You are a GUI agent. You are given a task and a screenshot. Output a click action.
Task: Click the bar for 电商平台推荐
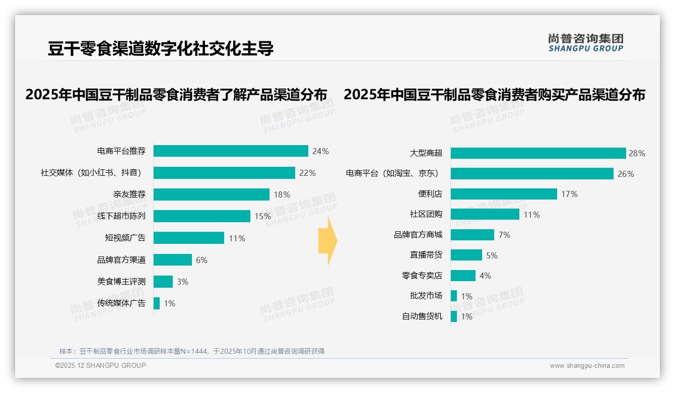[x=231, y=151]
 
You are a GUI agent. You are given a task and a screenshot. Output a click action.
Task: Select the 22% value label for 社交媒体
[x=307, y=173]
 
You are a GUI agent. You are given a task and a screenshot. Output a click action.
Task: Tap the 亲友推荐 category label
[x=129, y=194]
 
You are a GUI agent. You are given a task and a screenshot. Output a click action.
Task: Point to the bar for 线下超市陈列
[x=201, y=216]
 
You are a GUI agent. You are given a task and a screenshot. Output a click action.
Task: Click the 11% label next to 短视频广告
[x=237, y=238]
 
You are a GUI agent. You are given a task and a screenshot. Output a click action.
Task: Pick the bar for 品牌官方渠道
[x=173, y=260]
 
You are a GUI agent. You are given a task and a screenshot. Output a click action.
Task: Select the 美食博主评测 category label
[x=121, y=282]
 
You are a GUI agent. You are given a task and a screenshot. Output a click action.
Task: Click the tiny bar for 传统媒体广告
[x=157, y=303]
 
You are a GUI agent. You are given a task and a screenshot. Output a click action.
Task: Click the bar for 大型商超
[x=538, y=153]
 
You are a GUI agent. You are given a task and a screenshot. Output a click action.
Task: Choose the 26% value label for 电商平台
[x=626, y=174]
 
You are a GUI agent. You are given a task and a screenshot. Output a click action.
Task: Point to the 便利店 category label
[x=430, y=194]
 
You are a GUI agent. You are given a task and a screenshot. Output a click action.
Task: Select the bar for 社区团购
[x=485, y=214]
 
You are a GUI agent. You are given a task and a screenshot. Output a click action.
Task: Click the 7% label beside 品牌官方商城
[x=504, y=235]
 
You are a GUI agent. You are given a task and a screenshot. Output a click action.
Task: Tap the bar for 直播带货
[x=466, y=255]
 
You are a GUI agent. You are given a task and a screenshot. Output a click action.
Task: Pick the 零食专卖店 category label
[x=422, y=276]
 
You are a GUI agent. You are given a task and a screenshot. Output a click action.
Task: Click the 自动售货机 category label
[x=422, y=316]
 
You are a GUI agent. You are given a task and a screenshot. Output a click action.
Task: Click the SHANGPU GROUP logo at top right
[x=586, y=43]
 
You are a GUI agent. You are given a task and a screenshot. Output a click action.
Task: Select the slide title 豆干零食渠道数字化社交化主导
[x=161, y=48]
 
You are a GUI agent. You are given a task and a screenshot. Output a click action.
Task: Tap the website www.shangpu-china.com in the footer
[x=587, y=366]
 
